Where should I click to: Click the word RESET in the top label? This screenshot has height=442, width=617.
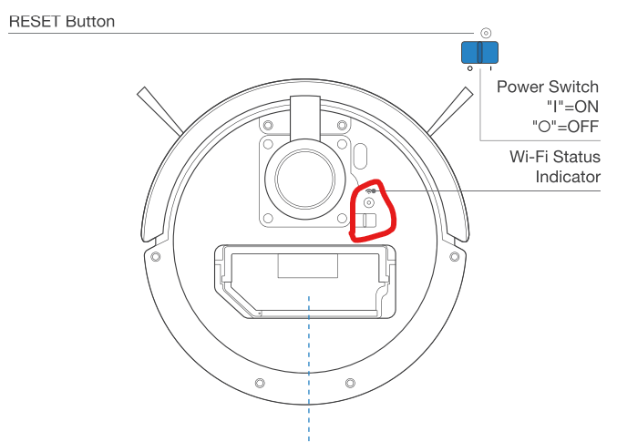point(34,21)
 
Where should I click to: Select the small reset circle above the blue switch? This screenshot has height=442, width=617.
point(486,32)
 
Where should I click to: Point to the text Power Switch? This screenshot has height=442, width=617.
point(548,87)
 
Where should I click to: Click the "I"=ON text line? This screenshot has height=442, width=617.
point(572,106)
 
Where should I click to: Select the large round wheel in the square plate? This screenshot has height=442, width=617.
point(305,173)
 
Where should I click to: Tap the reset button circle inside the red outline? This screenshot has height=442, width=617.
point(369,202)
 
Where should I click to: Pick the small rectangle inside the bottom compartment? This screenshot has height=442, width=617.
point(307,265)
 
